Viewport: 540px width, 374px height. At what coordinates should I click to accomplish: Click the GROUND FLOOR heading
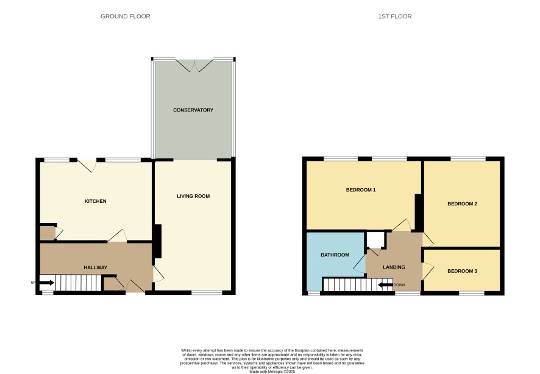click(126, 16)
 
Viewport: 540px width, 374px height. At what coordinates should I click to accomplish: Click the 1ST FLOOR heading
click(395, 16)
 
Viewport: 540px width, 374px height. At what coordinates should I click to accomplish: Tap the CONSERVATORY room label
click(193, 110)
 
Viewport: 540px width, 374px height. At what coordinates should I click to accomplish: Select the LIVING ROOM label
click(193, 196)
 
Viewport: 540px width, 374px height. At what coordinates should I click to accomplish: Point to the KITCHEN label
click(96, 201)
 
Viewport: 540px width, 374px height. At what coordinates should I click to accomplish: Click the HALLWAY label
click(96, 267)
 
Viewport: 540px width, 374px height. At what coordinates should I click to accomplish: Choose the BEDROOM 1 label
click(361, 190)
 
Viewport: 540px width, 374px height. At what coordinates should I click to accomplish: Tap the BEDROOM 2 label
click(462, 203)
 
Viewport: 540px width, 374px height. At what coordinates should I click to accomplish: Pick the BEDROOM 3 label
click(462, 271)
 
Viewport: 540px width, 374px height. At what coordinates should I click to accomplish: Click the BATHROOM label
click(335, 255)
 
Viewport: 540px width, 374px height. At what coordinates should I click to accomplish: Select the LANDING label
click(394, 267)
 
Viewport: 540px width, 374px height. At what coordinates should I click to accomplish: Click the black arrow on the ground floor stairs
click(46, 283)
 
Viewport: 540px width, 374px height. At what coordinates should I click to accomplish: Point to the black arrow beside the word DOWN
click(385, 285)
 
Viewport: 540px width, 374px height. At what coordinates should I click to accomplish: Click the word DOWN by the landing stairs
click(399, 285)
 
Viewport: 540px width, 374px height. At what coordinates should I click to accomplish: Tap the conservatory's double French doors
click(194, 65)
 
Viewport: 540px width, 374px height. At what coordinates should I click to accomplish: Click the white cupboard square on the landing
click(375, 240)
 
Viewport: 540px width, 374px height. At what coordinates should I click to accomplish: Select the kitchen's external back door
click(87, 166)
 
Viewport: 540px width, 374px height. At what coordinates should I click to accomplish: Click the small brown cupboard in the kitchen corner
click(47, 233)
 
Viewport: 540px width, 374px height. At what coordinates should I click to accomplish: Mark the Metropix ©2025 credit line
click(272, 372)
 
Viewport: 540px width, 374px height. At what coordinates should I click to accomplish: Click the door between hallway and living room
click(158, 274)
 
